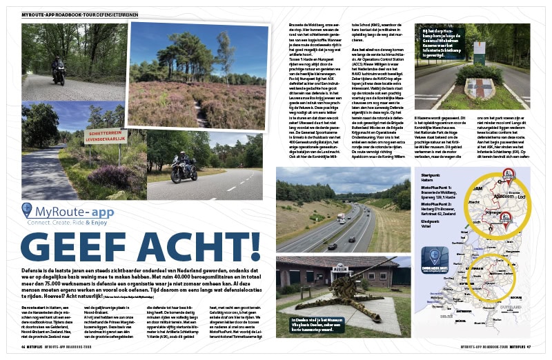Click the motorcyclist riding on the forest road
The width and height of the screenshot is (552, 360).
pyautogui.click(x=59, y=70)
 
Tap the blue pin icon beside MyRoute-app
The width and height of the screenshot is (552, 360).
pyautogui.click(x=27, y=210)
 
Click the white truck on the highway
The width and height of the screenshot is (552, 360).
pyautogui.click(x=340, y=218)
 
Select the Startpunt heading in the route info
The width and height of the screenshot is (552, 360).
pyautogui.click(x=431, y=176)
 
